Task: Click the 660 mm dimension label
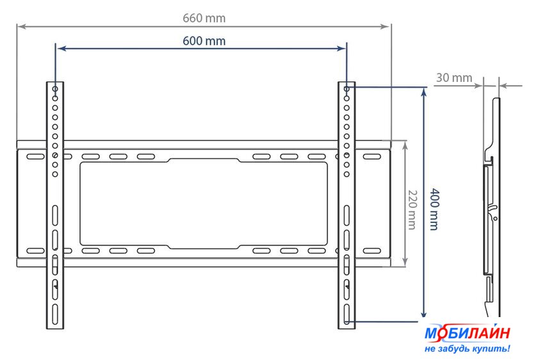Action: pyautogui.click(x=204, y=18)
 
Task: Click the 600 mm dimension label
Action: pyautogui.click(x=204, y=41)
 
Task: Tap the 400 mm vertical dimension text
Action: pyautogui.click(x=434, y=209)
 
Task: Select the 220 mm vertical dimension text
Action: pyautogui.click(x=412, y=209)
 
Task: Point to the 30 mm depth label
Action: pyautogui.click(x=454, y=78)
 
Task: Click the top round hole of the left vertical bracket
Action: pyautogui.click(x=55, y=89)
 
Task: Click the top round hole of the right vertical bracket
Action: pyautogui.click(x=346, y=89)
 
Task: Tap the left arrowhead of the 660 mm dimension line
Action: pyautogui.click(x=21, y=26)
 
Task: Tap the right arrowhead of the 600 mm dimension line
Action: pyautogui.click(x=341, y=49)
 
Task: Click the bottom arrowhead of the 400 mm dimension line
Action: pyautogui.click(x=424, y=314)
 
